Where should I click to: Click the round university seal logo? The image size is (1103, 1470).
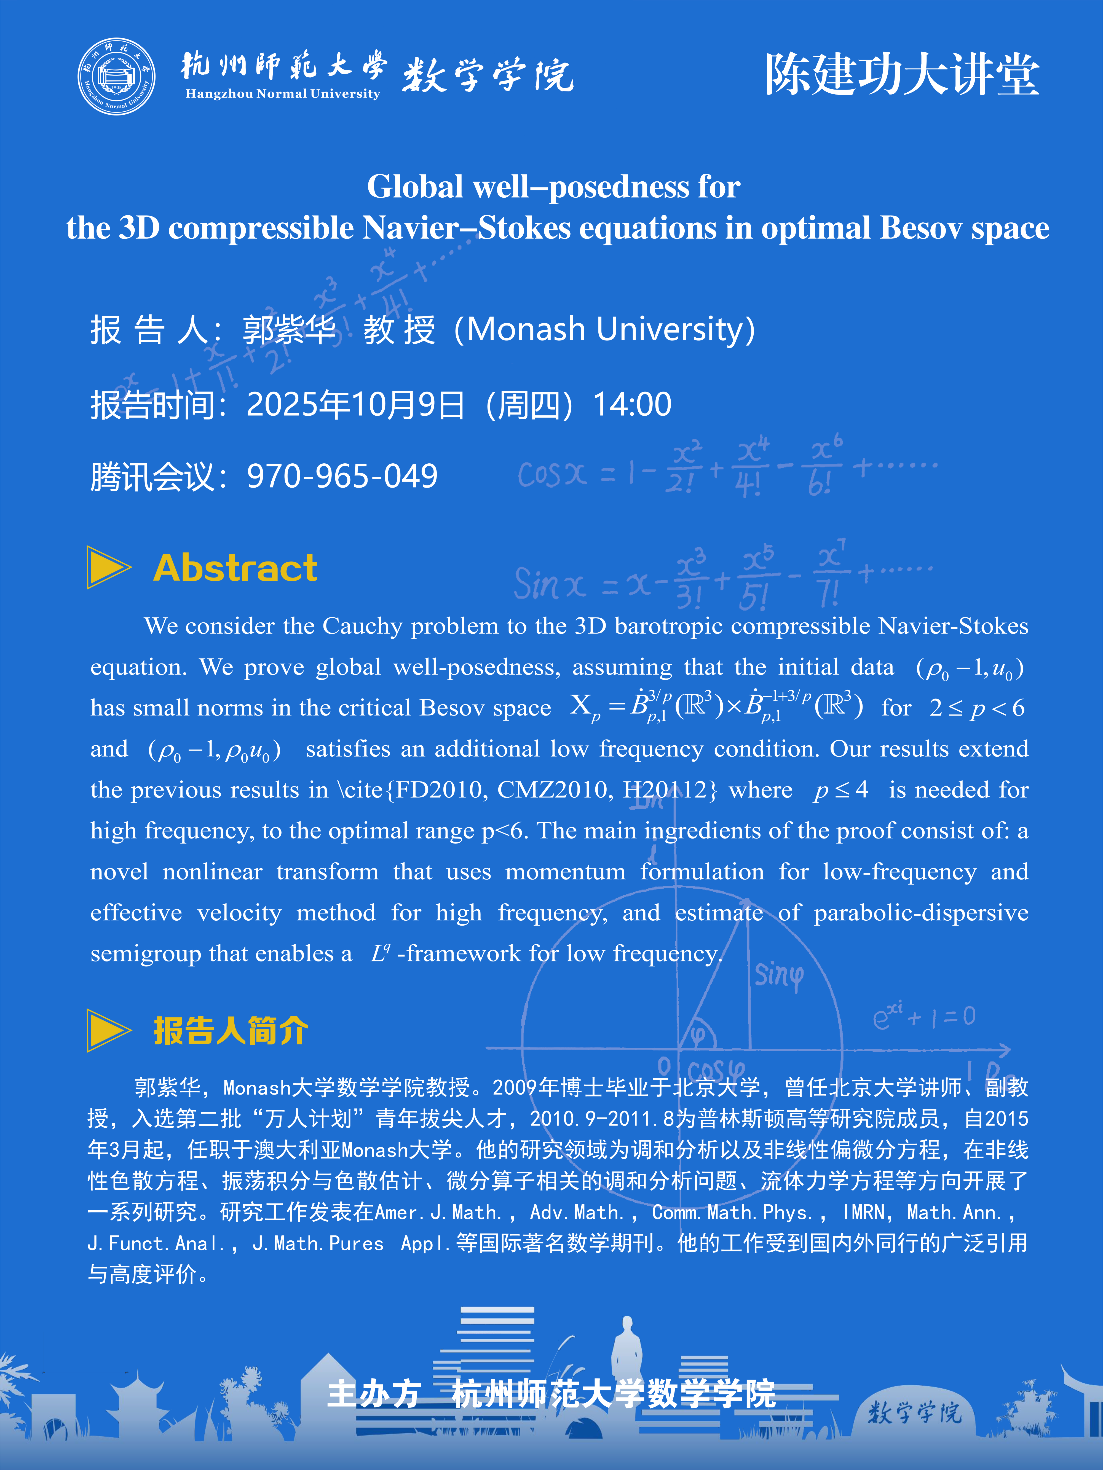tap(117, 76)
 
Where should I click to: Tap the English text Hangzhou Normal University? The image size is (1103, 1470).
tap(283, 94)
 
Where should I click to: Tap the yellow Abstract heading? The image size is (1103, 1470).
tap(235, 568)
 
